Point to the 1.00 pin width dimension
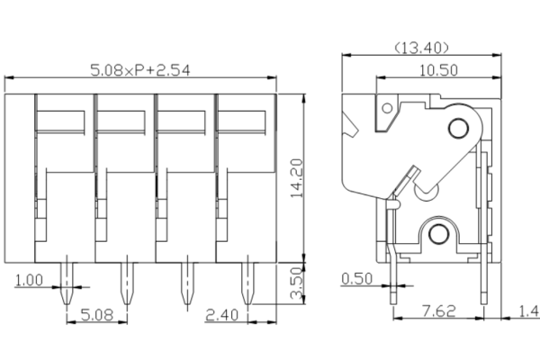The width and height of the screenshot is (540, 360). click(28, 280)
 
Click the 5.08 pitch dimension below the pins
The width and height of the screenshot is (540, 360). click(96, 314)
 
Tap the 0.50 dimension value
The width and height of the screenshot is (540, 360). click(358, 278)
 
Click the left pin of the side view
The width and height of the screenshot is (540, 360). click(393, 270)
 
